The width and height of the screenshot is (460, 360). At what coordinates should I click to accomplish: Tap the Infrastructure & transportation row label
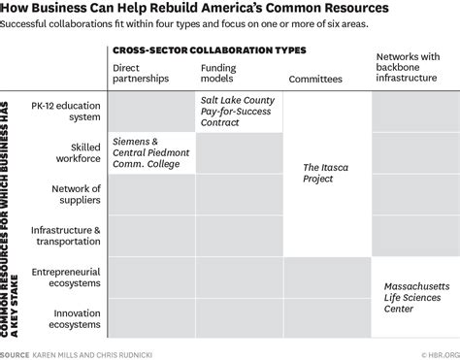65,236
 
